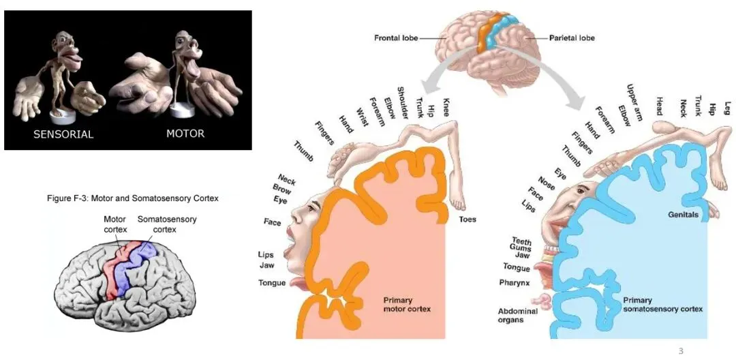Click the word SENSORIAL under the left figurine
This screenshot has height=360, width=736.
pos(64,134)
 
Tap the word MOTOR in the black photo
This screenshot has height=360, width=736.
pos(185,134)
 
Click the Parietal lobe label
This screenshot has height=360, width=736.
pos(572,38)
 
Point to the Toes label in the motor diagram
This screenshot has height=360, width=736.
pos(467,220)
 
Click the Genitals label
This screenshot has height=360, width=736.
pos(684,215)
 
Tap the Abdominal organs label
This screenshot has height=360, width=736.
pos(517,316)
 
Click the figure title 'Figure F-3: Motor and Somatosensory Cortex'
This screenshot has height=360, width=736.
pos(133,198)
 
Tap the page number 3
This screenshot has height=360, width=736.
pos(679,350)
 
